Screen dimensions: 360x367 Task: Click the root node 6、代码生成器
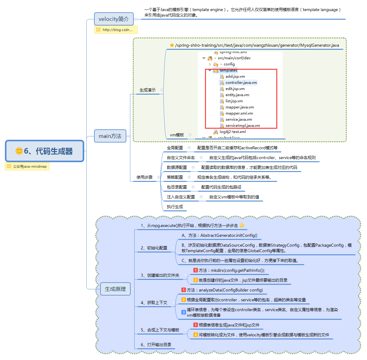(45, 151)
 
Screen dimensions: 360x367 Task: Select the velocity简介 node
(114, 19)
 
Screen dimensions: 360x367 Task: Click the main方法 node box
(110, 136)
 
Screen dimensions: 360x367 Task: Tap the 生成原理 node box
(115, 289)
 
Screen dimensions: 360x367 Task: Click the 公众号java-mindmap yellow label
(27, 166)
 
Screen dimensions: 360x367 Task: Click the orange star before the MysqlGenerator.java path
(172, 45)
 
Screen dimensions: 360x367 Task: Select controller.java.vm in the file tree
(241, 83)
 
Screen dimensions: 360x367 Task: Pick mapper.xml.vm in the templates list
(239, 113)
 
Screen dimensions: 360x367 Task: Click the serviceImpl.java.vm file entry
(243, 126)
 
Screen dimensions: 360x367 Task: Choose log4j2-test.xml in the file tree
(233, 132)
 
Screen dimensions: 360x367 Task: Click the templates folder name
(228, 70)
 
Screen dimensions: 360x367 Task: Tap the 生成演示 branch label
(148, 90)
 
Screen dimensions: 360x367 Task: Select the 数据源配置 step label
(177, 167)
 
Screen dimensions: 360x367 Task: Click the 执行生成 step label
(175, 207)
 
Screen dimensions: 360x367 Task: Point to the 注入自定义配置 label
(181, 197)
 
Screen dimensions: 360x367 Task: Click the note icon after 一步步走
(242, 225)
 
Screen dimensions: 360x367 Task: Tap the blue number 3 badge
(183, 312)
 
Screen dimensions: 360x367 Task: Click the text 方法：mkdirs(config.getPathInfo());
(231, 270)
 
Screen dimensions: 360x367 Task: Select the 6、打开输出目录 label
(156, 345)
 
